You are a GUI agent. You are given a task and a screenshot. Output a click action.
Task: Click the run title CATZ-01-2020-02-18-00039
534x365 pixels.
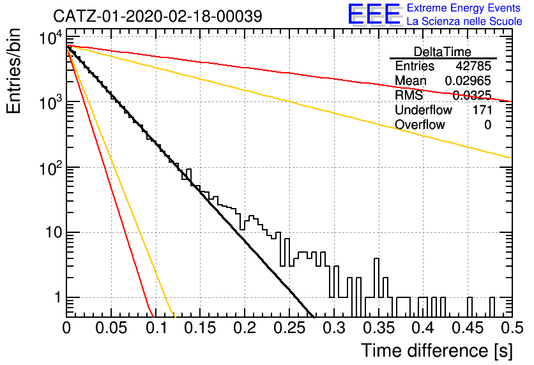tap(158, 16)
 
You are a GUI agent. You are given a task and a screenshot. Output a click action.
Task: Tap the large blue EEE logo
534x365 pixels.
tap(374, 14)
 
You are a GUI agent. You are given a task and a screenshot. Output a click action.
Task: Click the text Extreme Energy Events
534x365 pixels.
tap(464, 8)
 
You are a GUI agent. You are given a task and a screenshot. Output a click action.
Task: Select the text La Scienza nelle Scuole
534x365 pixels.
tap(464, 21)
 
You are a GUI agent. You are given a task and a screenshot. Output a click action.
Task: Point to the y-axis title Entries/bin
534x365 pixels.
tap(13, 71)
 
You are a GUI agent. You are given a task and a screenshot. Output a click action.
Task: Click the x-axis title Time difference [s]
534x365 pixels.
tap(437, 351)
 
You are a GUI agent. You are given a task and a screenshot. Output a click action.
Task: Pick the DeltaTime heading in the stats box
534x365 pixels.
tap(443, 52)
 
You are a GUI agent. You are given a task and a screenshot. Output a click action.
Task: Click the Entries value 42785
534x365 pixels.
tap(473, 66)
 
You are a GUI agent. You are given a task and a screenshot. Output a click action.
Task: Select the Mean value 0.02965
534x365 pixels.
tap(468, 80)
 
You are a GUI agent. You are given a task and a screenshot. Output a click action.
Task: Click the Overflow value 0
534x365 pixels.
tap(487, 125)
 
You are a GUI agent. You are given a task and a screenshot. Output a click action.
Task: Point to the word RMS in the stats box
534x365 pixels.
tap(409, 95)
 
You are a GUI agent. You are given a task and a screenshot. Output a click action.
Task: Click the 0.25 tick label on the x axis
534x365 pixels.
tap(289, 328)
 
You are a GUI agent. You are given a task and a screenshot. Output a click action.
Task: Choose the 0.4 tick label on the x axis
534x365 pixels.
tap(423, 328)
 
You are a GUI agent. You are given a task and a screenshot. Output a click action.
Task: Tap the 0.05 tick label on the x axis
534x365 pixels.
tap(111, 328)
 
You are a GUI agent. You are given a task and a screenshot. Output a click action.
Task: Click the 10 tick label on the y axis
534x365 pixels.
tap(54, 233)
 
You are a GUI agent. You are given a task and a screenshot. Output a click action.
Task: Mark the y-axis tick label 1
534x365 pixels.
tap(57, 297)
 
